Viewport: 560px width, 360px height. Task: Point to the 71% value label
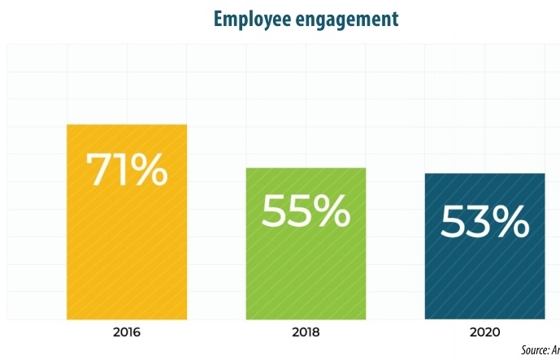click(x=127, y=168)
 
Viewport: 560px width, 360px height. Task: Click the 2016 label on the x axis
click(x=127, y=332)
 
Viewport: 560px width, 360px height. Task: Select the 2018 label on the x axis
click(x=306, y=332)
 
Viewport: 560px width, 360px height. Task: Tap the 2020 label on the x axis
click(x=484, y=332)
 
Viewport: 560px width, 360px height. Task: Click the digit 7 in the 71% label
click(x=101, y=169)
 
